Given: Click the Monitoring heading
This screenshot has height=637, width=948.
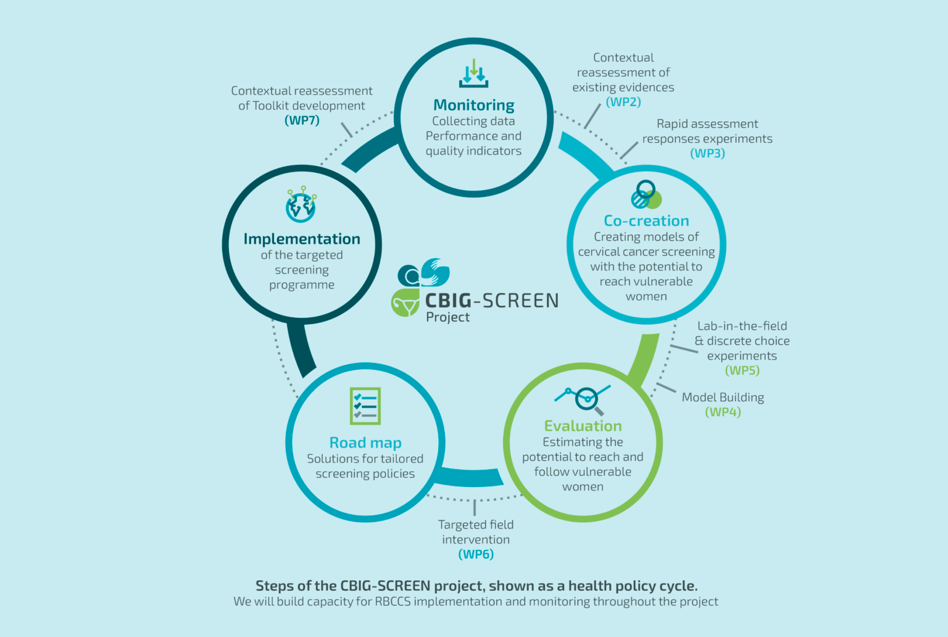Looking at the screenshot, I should tap(473, 105).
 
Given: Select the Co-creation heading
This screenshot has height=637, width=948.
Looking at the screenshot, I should tap(646, 220).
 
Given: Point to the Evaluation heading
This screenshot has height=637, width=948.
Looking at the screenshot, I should tap(583, 426).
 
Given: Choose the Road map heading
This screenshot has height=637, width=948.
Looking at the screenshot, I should tap(365, 443).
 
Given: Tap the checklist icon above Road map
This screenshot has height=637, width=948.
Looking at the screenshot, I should tap(365, 406).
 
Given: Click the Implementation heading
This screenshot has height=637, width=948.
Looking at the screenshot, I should tap(302, 239).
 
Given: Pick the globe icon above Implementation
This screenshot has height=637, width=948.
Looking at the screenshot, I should tap(301, 205).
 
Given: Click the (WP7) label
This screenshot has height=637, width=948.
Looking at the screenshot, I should tap(302, 120).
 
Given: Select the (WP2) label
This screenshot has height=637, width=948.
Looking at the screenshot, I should tap(623, 102).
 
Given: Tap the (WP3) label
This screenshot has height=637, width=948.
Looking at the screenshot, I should tap(707, 153).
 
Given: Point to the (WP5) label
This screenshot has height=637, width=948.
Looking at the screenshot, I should tap(742, 370).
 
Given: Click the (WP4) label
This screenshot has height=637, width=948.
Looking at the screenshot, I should tap(723, 412).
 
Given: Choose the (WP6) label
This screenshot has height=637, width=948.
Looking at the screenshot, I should tap(476, 554).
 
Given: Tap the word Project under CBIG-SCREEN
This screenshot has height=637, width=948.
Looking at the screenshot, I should tap(447, 317).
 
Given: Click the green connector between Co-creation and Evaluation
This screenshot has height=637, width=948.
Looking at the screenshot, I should tap(642, 358).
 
